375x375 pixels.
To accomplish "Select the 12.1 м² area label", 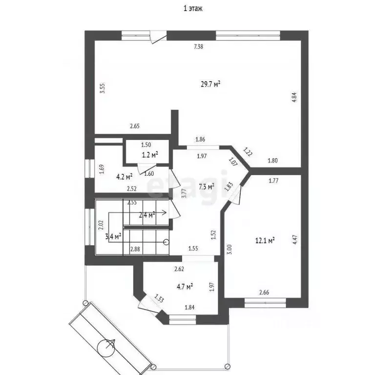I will click(x=265, y=240).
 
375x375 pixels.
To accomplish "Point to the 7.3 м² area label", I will click(x=207, y=186).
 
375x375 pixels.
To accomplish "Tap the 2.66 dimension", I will click(x=265, y=293).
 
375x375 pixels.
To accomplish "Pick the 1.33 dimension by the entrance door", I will click(x=159, y=298).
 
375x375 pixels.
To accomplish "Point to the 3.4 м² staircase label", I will click(x=113, y=237).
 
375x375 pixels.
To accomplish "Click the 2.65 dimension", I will click(x=135, y=126).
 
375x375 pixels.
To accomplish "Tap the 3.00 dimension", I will click(x=230, y=250).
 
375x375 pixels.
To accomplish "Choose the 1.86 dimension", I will click(x=200, y=140).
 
